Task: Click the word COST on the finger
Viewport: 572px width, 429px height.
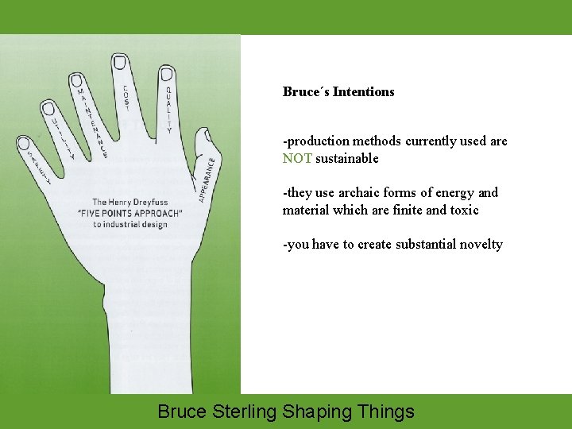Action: [126, 97]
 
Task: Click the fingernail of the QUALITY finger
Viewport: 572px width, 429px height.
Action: [167, 74]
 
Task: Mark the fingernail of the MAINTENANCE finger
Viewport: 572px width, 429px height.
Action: [77, 80]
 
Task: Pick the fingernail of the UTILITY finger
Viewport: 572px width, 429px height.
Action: [48, 108]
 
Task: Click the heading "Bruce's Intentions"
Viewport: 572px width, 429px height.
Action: [338, 91]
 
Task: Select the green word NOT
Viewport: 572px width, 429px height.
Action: [297, 158]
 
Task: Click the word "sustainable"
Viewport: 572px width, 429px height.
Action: [347, 158]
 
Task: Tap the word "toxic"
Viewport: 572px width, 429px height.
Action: [463, 210]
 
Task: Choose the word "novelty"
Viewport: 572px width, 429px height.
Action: [479, 244]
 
